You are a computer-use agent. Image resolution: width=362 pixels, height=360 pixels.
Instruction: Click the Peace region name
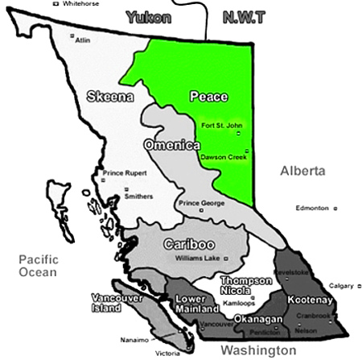click(x=208, y=97)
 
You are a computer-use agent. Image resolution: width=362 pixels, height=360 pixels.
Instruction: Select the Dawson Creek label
click(x=220, y=157)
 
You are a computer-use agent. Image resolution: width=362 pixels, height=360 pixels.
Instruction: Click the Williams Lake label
click(x=199, y=259)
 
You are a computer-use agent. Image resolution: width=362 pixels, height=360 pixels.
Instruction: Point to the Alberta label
click(x=302, y=171)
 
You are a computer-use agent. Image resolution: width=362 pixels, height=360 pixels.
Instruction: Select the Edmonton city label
click(x=312, y=208)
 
